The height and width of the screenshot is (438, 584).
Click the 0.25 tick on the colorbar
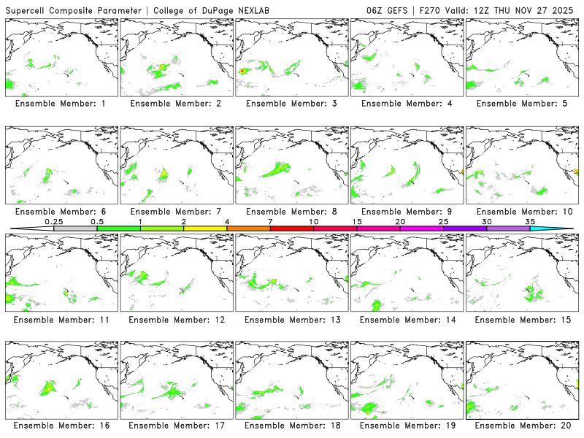[x=53, y=221]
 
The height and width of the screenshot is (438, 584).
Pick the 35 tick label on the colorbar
[x=530, y=221]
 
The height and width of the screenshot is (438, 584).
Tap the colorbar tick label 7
[x=270, y=221]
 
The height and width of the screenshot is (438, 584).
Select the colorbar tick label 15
[x=357, y=221]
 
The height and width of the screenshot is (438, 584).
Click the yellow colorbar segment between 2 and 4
[x=205, y=228]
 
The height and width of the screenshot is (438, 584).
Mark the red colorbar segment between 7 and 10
[x=292, y=228]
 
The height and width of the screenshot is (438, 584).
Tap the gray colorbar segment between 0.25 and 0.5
[x=75, y=228]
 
